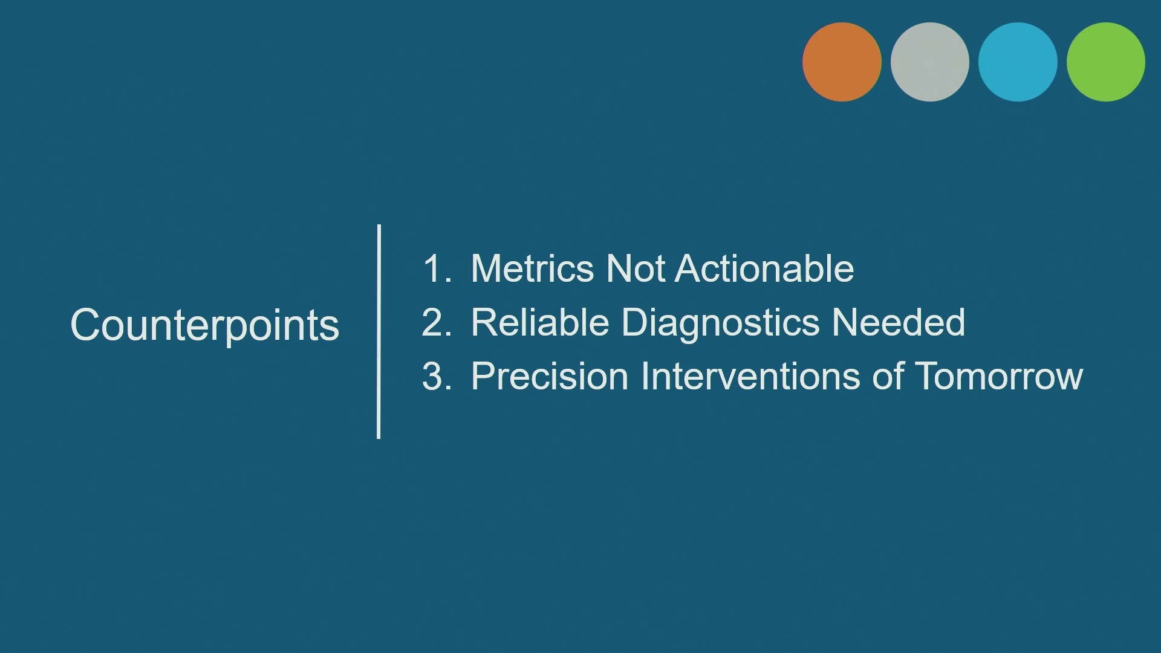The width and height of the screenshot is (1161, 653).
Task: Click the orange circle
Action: [x=842, y=62]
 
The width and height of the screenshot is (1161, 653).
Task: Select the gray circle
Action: [x=930, y=62]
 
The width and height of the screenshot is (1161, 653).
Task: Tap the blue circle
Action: [x=1018, y=62]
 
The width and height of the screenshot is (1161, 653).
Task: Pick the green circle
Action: [x=1106, y=62]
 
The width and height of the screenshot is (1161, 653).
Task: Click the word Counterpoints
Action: [x=205, y=325]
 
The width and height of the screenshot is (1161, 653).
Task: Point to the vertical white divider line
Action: [x=379, y=331]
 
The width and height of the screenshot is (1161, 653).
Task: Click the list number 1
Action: [x=437, y=268]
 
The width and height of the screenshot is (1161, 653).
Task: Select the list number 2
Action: [x=437, y=322]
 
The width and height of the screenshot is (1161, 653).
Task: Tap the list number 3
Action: [x=437, y=376]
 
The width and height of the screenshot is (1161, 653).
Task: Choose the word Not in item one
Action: [x=636, y=268]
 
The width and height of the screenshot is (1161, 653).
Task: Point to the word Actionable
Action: [x=764, y=268]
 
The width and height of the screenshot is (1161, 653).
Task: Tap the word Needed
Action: [x=899, y=322]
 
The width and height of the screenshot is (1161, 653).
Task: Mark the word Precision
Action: [x=550, y=376]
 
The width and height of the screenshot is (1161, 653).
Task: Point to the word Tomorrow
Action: [x=999, y=376]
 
